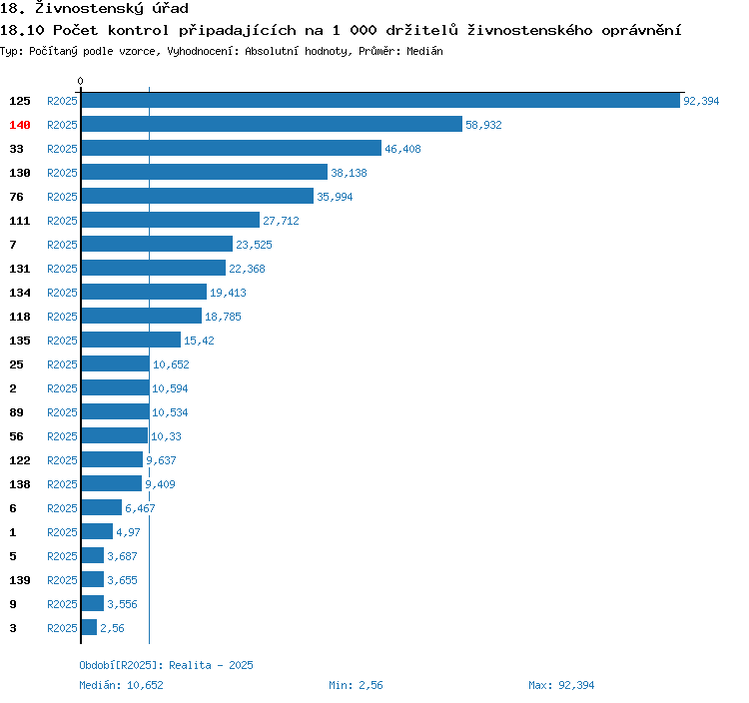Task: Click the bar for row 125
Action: click(380, 101)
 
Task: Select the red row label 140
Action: click(20, 125)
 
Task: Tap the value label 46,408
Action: click(402, 149)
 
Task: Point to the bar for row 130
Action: click(204, 173)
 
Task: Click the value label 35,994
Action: click(335, 197)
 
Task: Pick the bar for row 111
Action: click(170, 221)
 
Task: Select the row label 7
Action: click(13, 245)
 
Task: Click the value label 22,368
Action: click(247, 269)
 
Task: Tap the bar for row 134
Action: click(144, 293)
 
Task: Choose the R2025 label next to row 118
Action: click(62, 317)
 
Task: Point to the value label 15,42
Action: click(199, 341)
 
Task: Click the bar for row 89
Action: click(115, 412)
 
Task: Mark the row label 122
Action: click(20, 460)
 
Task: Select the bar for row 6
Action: click(101, 508)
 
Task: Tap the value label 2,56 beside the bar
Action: click(112, 628)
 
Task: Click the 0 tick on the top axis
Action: click(81, 81)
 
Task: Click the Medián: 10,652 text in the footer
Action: click(121, 685)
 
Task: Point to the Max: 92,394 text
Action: click(561, 685)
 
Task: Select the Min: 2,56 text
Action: click(356, 685)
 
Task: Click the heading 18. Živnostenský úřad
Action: click(94, 9)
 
